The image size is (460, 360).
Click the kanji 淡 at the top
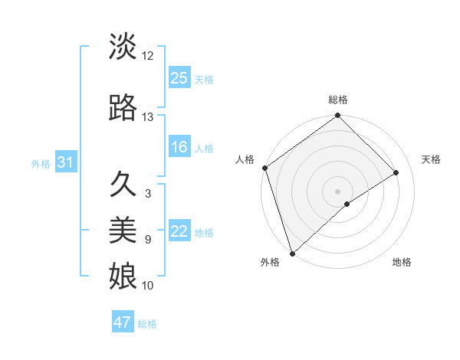click(123, 47)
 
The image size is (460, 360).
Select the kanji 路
click(123, 109)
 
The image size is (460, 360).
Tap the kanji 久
click(123, 185)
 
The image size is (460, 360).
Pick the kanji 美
click(123, 229)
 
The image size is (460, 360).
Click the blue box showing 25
click(179, 78)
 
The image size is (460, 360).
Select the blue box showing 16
click(179, 148)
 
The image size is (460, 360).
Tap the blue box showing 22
click(179, 232)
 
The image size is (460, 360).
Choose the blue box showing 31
click(65, 163)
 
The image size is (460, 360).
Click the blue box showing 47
click(123, 322)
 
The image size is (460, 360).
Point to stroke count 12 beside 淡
click(148, 56)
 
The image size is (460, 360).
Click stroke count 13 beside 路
click(148, 117)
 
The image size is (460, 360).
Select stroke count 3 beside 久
click(148, 194)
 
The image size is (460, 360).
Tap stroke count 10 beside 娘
click(148, 286)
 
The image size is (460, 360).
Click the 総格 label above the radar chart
click(337, 100)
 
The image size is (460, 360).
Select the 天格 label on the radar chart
click(432, 159)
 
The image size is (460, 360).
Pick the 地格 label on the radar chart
click(402, 262)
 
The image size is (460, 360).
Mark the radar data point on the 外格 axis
click(291, 253)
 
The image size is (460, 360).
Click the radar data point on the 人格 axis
click(264, 168)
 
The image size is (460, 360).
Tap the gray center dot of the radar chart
click(337, 191)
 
